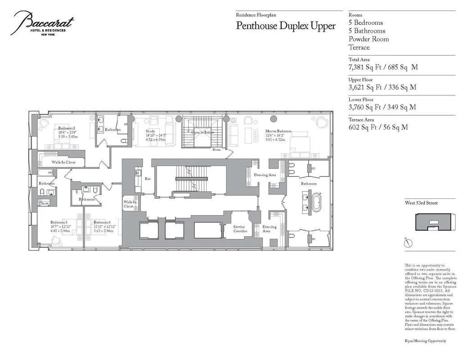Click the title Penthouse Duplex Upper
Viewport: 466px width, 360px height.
(285, 26)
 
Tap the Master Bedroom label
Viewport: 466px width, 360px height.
(278, 131)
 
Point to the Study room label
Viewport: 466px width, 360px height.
(150, 131)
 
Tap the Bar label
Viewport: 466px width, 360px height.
(147, 179)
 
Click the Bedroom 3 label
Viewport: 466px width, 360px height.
(59, 223)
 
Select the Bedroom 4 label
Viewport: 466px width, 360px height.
(102, 223)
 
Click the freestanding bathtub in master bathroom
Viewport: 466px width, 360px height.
(317, 202)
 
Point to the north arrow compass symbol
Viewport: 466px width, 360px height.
(408, 243)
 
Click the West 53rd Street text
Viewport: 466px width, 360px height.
(421, 203)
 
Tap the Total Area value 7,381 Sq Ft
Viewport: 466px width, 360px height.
(383, 67)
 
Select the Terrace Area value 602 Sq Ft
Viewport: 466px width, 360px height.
(378, 127)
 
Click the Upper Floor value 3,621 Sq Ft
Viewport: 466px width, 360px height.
(382, 87)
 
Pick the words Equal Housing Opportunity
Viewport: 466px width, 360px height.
(425, 341)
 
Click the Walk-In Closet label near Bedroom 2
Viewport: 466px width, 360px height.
(63, 162)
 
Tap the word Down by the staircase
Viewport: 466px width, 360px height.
(217, 150)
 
